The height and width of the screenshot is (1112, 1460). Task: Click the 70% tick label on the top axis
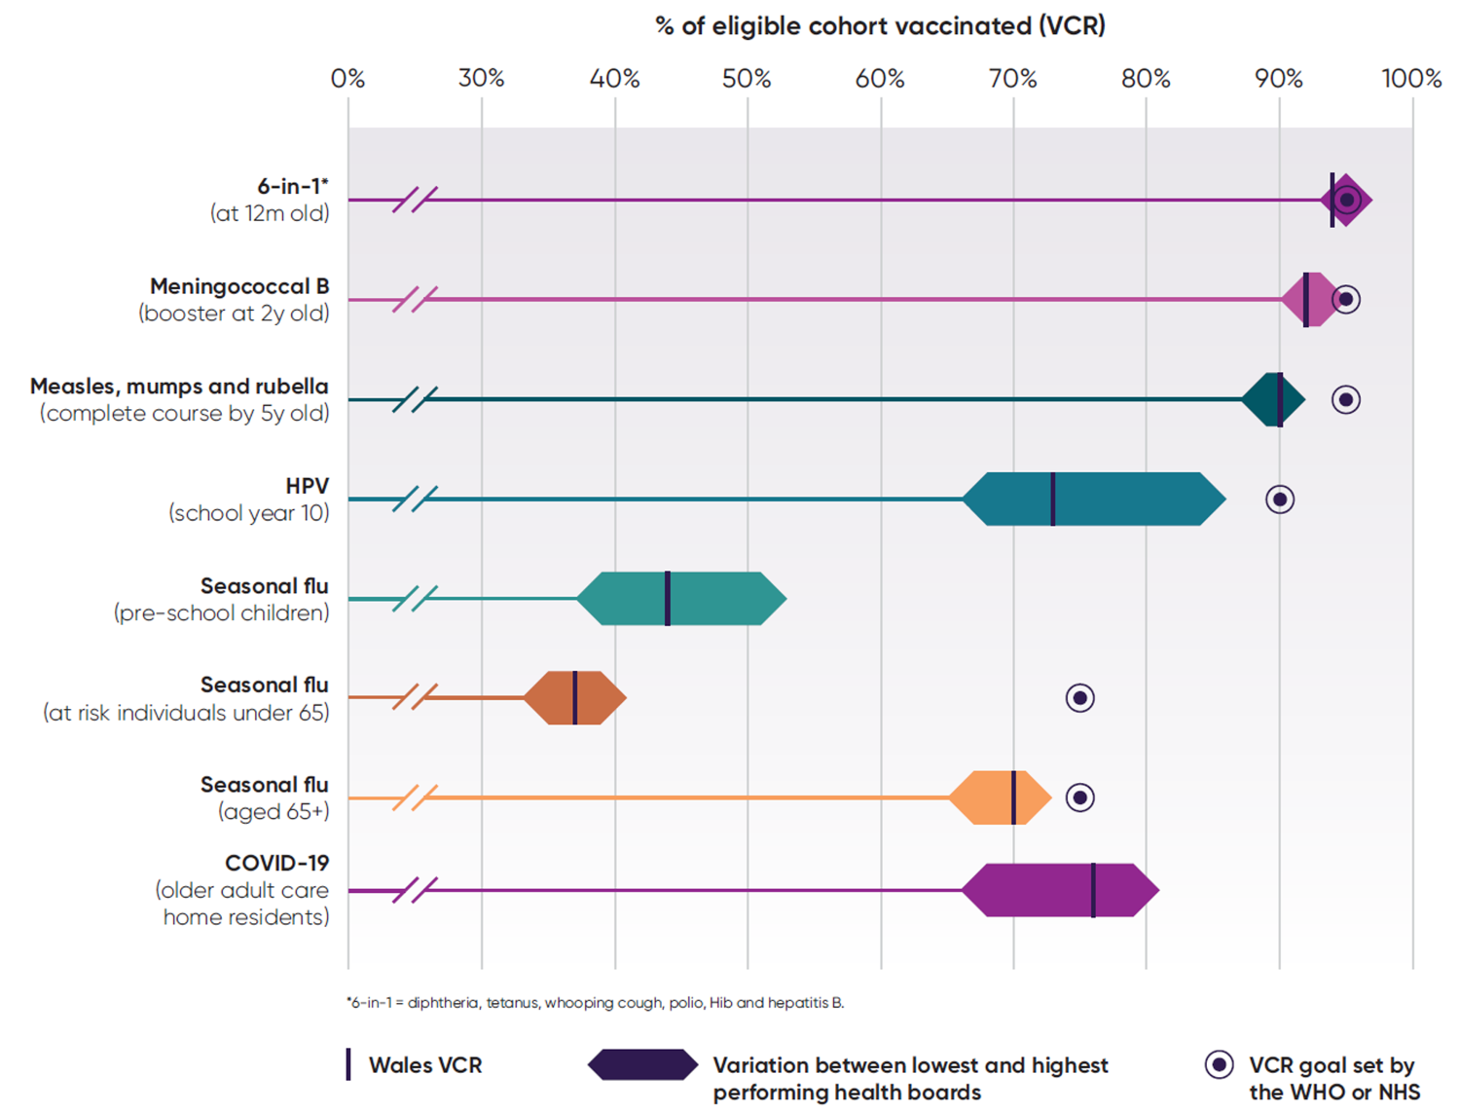1012,79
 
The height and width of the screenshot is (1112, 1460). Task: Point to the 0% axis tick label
347,79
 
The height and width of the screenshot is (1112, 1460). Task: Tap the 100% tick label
1411,79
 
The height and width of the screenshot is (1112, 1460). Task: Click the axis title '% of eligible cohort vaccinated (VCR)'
880,26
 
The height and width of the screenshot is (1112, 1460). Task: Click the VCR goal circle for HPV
1279,500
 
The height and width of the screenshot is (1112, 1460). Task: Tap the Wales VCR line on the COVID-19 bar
1093,890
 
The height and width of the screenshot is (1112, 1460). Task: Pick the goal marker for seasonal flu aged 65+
1079,797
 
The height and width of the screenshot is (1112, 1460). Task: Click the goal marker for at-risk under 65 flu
1079,698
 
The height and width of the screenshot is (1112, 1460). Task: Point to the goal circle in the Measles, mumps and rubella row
1345,399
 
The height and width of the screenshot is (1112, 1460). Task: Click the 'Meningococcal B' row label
239,287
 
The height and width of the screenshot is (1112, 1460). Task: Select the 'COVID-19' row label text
276,864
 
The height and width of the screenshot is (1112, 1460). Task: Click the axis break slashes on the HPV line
416,500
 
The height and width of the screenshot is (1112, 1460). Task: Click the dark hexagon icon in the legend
642,1065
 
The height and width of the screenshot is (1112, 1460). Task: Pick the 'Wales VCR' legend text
425,1065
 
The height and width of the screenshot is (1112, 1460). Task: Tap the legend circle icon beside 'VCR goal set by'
1219,1065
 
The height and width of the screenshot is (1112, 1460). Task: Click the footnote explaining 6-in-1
595,1003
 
